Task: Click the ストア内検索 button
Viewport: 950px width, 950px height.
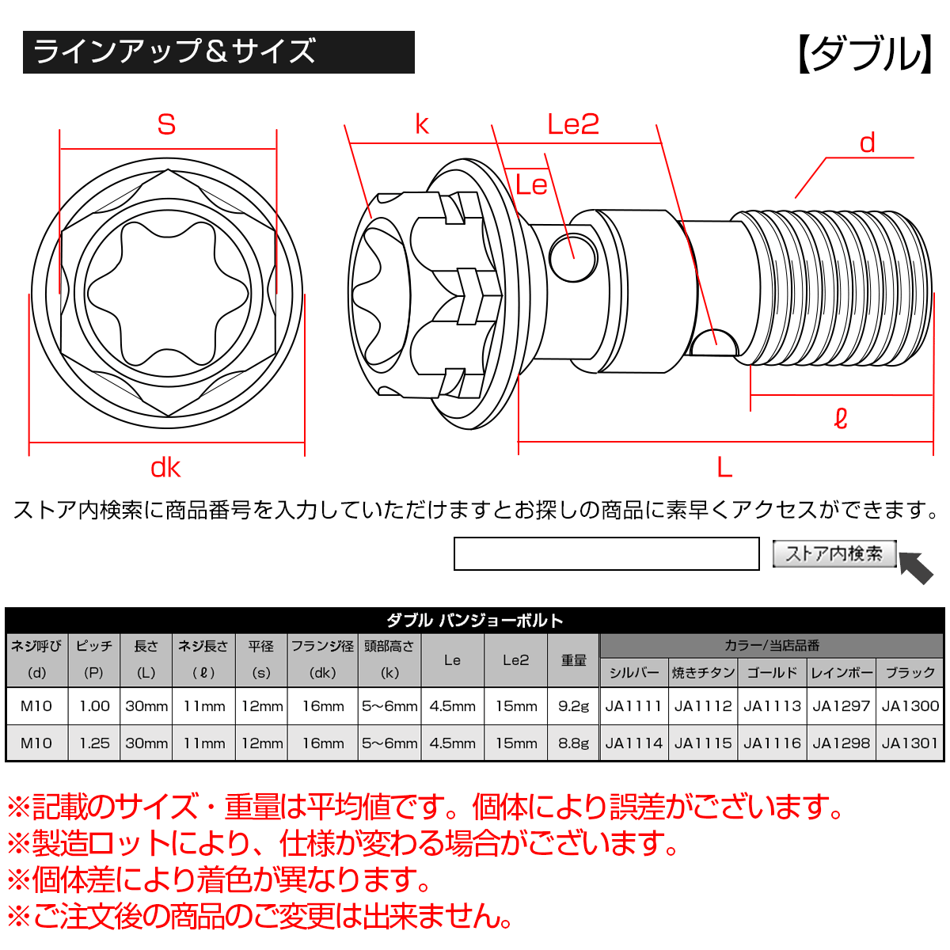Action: pos(834,553)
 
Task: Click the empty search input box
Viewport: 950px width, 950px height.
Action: pos(606,553)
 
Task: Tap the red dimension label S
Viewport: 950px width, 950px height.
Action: pos(166,124)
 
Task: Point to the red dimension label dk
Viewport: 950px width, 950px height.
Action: pos(165,468)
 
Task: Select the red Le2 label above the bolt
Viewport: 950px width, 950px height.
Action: pos(573,124)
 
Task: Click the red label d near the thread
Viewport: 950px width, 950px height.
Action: pos(868,143)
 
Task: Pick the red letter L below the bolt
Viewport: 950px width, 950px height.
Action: pos(724,468)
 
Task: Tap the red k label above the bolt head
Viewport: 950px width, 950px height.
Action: pos(422,124)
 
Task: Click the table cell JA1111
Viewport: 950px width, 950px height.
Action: pos(633,705)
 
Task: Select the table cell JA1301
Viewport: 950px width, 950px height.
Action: pos(910,743)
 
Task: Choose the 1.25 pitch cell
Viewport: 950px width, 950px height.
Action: pos(94,743)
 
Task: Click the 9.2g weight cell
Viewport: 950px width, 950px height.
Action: pos(573,705)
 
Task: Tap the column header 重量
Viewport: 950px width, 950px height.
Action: pos(573,659)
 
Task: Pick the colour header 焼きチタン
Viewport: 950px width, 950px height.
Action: pos(703,672)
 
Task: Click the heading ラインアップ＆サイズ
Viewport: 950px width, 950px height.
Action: pos(175,52)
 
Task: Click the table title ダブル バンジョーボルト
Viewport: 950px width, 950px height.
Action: pos(474,620)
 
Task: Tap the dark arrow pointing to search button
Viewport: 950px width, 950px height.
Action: pos(917,567)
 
